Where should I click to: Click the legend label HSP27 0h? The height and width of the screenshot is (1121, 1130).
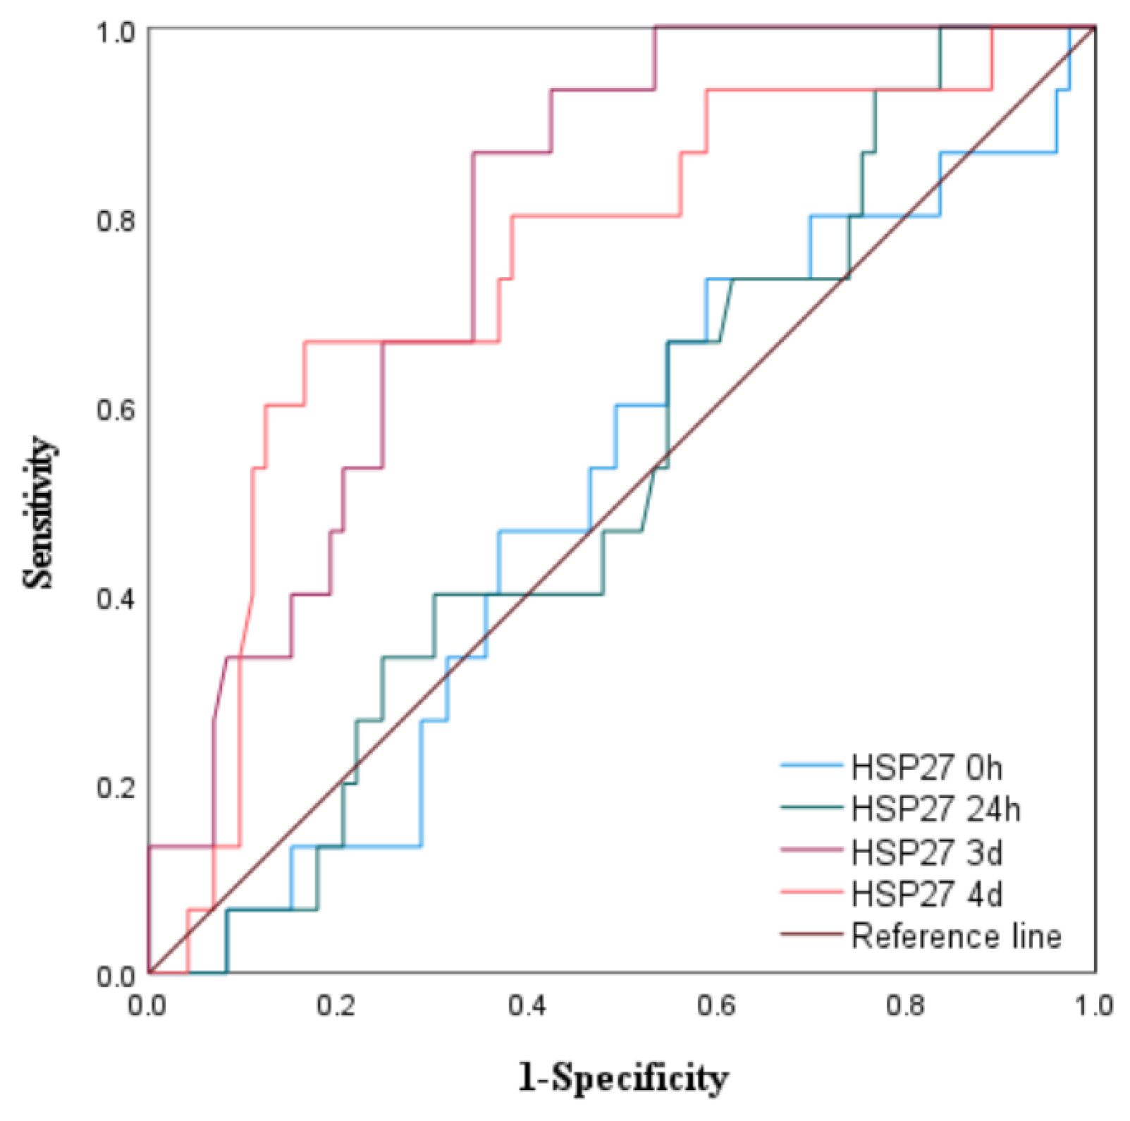pyautogui.click(x=926, y=768)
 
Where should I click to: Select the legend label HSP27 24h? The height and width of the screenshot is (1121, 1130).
pyautogui.click(x=935, y=809)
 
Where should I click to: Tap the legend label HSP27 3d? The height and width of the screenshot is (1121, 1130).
pyautogui.click(x=926, y=852)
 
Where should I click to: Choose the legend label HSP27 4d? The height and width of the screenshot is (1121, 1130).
pyautogui.click(x=926, y=894)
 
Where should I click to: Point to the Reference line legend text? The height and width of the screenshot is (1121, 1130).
pyautogui.click(x=956, y=936)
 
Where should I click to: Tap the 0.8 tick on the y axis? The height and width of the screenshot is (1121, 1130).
pyautogui.click(x=116, y=221)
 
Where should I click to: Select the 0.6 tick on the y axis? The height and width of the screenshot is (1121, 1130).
pyautogui.click(x=116, y=410)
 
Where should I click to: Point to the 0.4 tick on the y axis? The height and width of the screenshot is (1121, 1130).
pyautogui.click(x=116, y=599)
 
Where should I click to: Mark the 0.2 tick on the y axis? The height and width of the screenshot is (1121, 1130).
pyautogui.click(x=116, y=788)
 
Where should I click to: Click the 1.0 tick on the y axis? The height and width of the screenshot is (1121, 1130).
pyautogui.click(x=116, y=32)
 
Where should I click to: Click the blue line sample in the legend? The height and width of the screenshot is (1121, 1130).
pyautogui.click(x=811, y=766)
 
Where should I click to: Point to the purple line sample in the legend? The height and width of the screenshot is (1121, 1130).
pyautogui.click(x=811, y=850)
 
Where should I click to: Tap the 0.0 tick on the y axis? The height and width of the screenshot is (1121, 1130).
pyautogui.click(x=116, y=976)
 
